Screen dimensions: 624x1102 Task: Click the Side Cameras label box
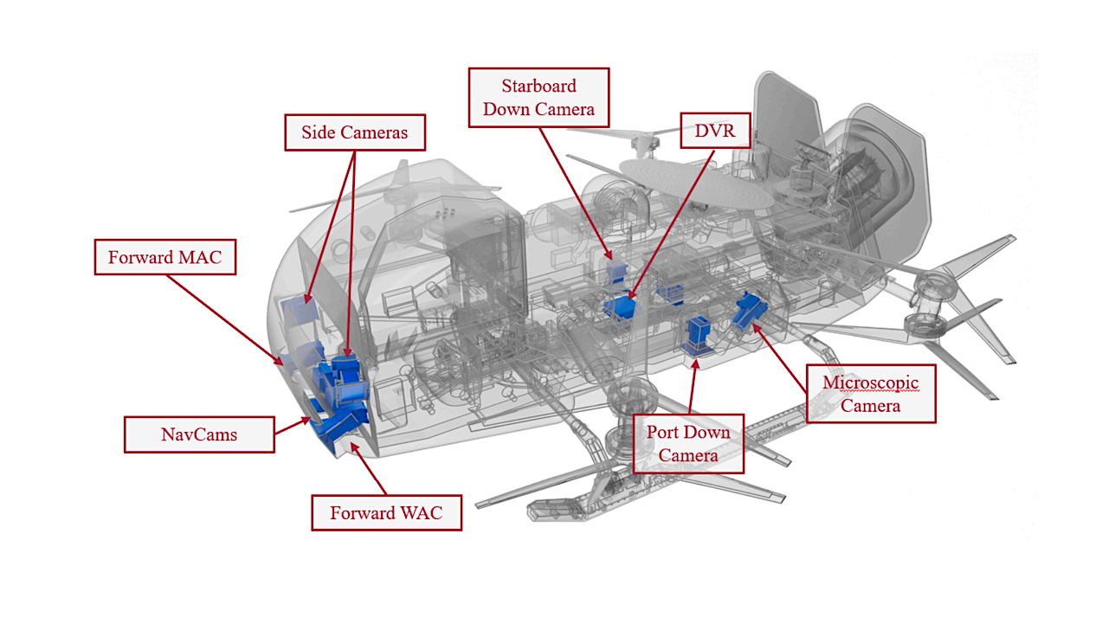(355, 132)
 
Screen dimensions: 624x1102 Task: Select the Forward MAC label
(164, 257)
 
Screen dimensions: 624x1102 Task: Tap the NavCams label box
(199, 434)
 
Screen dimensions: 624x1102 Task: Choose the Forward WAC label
(386, 512)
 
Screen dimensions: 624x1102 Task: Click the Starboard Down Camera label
(538, 98)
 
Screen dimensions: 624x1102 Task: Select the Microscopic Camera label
(870, 394)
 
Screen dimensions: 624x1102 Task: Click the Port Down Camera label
(688, 444)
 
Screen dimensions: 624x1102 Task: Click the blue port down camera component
(699, 336)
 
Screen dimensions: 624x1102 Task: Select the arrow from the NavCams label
(292, 426)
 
